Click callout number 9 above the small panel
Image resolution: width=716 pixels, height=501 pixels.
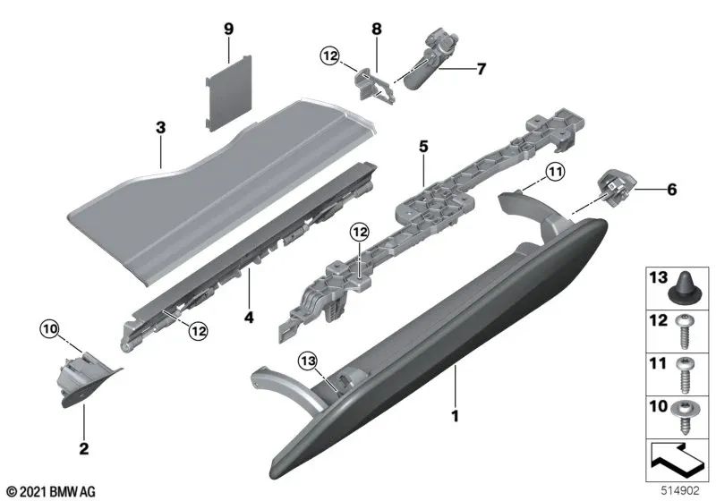pos(228,30)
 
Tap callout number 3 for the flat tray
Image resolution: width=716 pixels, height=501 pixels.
pos(160,128)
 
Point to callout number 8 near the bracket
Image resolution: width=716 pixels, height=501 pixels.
pos(377,30)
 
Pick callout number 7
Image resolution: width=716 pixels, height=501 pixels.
pos(481,68)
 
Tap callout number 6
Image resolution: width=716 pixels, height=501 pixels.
pos(671,190)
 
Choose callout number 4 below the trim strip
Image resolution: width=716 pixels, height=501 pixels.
pos(250,317)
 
